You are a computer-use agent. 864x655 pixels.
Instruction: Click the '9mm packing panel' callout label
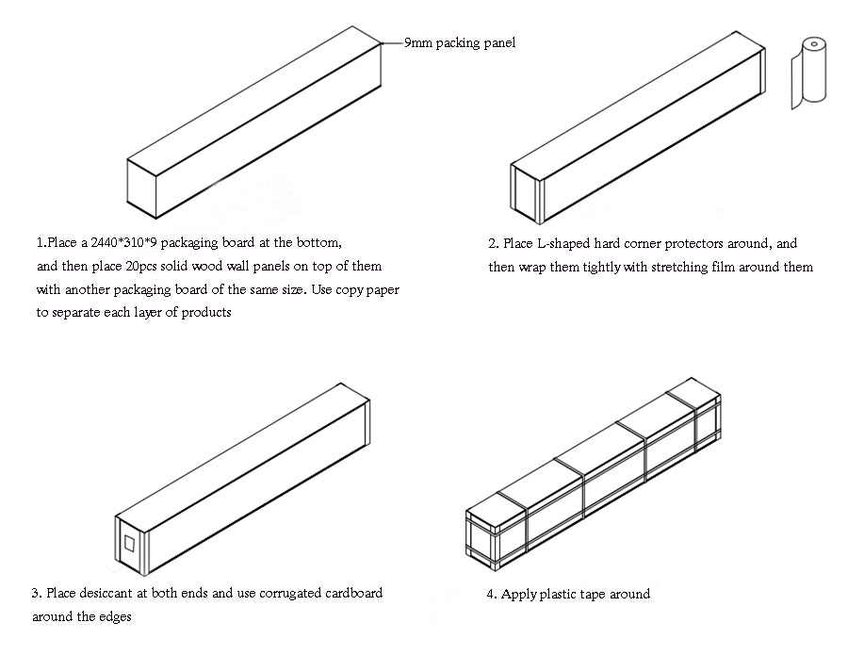pyautogui.click(x=459, y=42)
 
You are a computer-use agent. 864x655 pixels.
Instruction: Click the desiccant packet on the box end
pyautogui.click(x=129, y=545)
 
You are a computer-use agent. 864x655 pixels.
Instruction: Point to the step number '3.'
pyautogui.click(x=37, y=594)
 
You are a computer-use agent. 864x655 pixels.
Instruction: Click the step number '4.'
pyautogui.click(x=492, y=595)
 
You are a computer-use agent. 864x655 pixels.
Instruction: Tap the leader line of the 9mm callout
pyautogui.click(x=391, y=42)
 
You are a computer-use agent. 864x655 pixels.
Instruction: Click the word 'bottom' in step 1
pyautogui.click(x=317, y=243)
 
